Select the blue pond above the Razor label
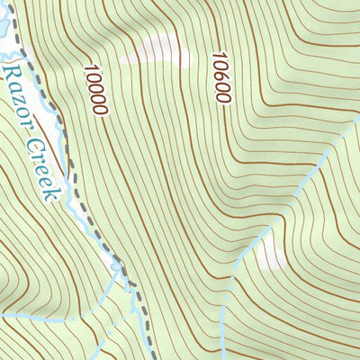(4, 36)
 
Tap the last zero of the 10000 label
(101, 109)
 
